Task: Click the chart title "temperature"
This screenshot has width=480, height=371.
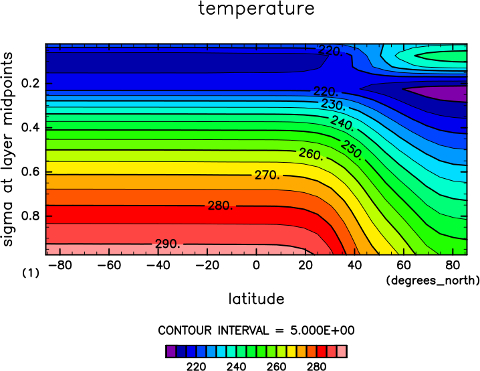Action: tap(256, 8)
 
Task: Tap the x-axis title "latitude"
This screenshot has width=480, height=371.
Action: tap(256, 298)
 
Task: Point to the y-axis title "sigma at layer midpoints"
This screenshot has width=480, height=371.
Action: tap(7, 149)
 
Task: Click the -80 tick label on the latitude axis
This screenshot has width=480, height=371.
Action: tap(60, 265)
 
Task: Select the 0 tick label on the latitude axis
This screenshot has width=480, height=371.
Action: tap(256, 265)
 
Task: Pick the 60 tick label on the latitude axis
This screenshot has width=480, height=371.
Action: tap(404, 265)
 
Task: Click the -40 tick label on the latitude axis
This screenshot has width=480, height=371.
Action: tap(158, 265)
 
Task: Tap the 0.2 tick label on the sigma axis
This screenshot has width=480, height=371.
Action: tap(31, 83)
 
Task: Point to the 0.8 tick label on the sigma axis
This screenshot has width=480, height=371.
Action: tap(31, 216)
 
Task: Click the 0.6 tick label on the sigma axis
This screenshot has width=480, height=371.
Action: tap(31, 171)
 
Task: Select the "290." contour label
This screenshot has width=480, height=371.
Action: tap(168, 244)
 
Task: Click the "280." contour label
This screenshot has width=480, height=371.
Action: tap(221, 206)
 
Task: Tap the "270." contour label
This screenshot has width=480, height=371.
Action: tap(267, 175)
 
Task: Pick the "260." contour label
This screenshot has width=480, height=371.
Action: tap(311, 153)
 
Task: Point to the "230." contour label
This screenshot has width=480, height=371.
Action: tap(334, 105)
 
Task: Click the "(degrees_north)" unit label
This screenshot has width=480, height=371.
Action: tap(433, 280)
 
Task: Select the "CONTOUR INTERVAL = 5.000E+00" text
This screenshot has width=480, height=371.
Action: tap(256, 331)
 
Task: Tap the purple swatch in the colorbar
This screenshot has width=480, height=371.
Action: tap(170, 352)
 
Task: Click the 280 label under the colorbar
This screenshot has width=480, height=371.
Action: tap(316, 366)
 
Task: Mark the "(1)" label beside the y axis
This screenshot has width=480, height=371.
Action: tap(31, 273)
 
